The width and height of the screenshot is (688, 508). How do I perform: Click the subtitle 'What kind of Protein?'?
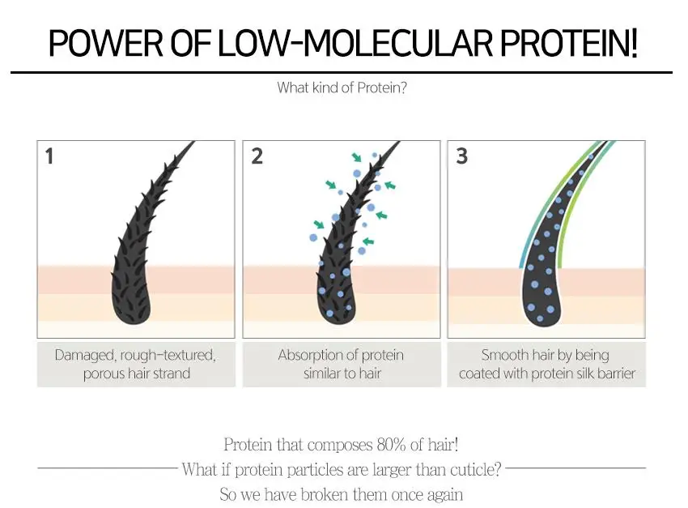[x=342, y=88]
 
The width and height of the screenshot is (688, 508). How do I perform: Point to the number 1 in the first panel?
[x=49, y=156]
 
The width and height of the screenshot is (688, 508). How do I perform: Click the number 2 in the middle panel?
[x=257, y=156]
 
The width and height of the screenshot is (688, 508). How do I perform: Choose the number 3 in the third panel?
[x=461, y=156]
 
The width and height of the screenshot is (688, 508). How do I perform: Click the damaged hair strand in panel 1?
[x=146, y=243]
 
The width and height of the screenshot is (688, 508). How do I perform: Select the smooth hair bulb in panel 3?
[x=546, y=296]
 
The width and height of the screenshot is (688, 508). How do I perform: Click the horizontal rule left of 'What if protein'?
[x=107, y=468]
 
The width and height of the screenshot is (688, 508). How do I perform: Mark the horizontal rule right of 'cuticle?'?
[x=575, y=468]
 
